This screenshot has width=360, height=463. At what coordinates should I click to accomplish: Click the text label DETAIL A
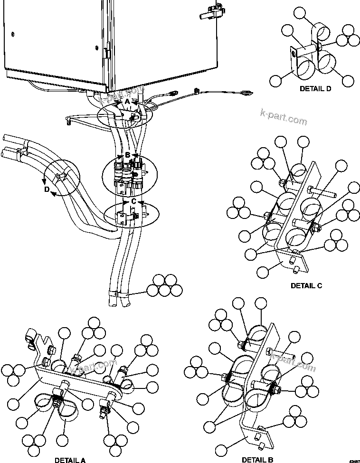tap(70, 460)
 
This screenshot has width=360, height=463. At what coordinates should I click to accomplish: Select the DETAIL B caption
tap(257, 460)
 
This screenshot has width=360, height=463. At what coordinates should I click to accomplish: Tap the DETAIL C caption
tap(306, 285)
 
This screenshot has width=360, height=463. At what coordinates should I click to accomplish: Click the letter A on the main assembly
tap(127, 102)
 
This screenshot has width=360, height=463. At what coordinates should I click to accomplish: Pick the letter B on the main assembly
tap(127, 155)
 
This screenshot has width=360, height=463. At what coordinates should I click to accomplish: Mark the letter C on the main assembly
tap(134, 201)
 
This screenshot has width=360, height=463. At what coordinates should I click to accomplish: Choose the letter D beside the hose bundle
tap(47, 189)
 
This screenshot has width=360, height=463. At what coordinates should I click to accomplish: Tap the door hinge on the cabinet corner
tap(108, 51)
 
